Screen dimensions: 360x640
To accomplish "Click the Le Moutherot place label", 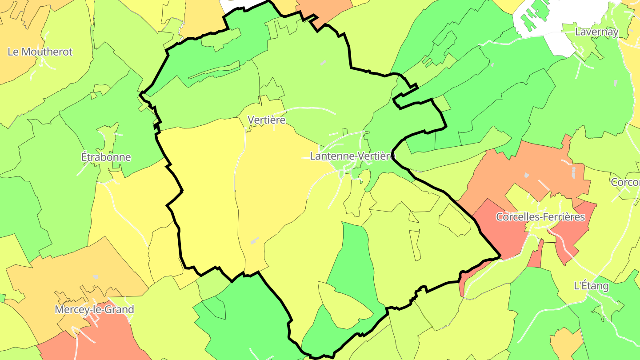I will tap(40, 52).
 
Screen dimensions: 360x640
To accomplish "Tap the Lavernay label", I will tap(596, 32).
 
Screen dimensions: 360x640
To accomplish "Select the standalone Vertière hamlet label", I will tap(266, 120).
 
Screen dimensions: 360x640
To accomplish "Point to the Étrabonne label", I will tap(106, 157).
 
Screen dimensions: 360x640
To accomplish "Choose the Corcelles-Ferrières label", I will tap(540, 217).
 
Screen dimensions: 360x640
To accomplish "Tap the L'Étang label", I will tap(591, 286).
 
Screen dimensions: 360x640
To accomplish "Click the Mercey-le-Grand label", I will tap(94, 309).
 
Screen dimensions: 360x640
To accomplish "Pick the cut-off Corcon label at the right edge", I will tap(625, 182).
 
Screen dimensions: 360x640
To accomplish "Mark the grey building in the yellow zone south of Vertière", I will tap(254, 240).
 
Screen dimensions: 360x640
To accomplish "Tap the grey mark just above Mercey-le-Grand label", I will tap(96, 277).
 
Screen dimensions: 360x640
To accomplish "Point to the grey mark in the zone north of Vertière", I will tap(323, 63).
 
